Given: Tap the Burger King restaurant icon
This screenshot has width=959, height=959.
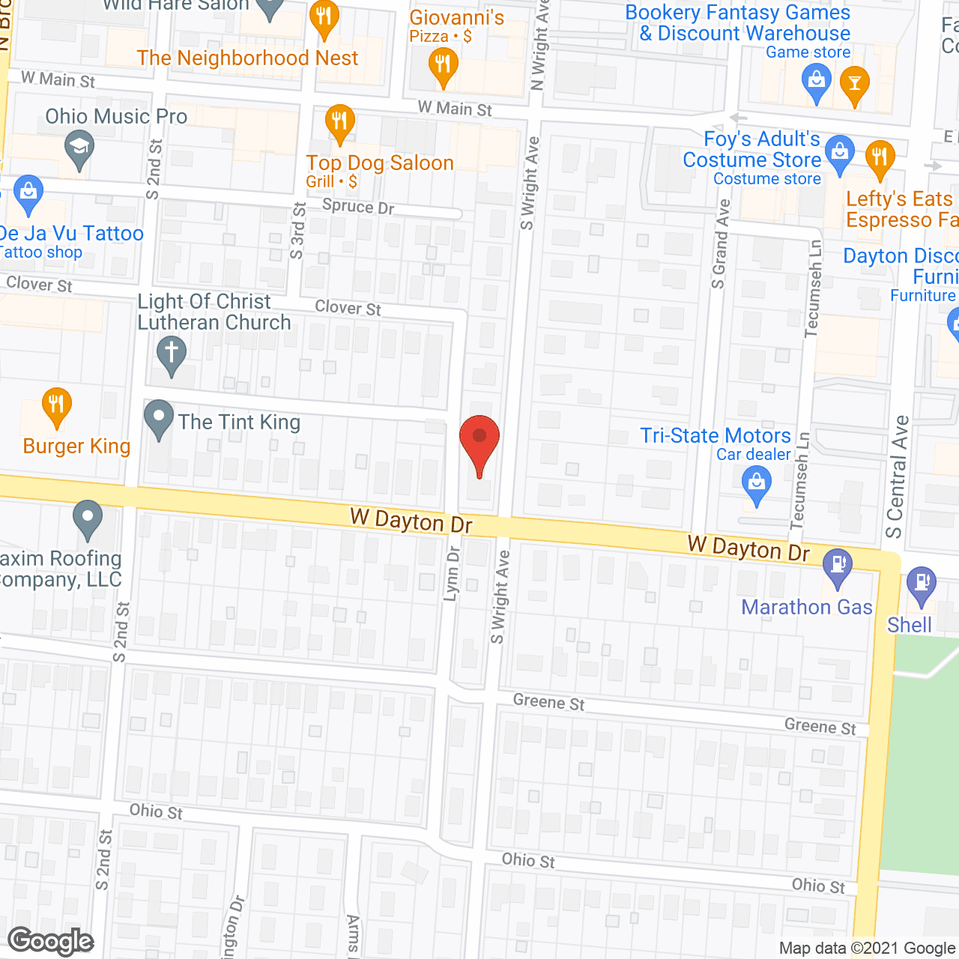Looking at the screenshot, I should point(56,406).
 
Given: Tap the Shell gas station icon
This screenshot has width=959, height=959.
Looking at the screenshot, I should point(921,584).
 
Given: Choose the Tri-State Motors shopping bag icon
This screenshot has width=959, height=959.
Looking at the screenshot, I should point(756,483).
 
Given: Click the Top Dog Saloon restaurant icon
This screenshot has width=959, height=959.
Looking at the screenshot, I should point(340,123).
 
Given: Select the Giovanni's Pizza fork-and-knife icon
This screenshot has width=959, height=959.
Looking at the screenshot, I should point(443,66).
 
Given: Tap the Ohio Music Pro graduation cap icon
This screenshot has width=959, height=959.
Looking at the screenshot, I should point(79,148).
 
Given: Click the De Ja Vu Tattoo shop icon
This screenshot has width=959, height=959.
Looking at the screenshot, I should point(28,193).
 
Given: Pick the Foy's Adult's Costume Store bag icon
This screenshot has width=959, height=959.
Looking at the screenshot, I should point(840,154).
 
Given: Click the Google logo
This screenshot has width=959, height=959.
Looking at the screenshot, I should point(51,941).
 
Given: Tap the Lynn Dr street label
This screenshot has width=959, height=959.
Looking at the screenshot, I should point(452,573).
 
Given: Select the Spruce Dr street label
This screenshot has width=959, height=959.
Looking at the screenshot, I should point(358,207).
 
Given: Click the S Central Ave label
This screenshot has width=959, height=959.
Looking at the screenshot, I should point(897,477).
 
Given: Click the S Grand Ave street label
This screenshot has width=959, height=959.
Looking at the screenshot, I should point(720,243).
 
